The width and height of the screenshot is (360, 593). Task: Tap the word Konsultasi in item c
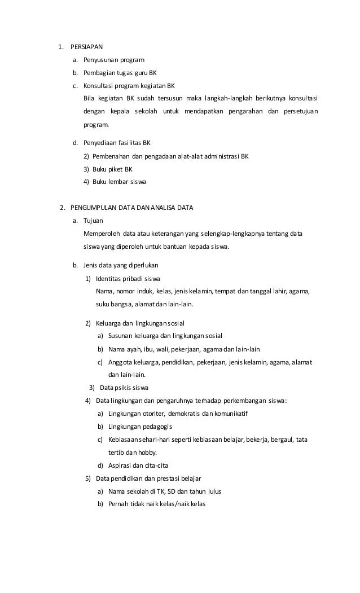[98, 86]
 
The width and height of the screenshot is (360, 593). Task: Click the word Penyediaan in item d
[99, 143]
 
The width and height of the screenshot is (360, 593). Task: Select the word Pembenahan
[110, 156]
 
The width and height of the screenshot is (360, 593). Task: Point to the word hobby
[148, 453]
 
